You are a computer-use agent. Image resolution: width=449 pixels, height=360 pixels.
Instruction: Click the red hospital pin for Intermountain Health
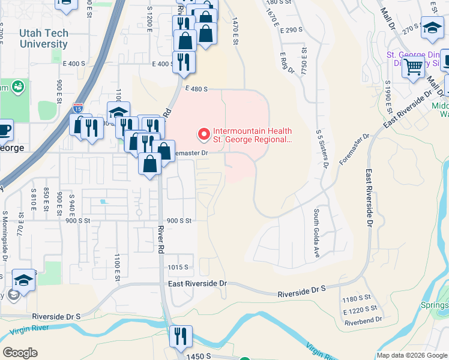tap(203, 134)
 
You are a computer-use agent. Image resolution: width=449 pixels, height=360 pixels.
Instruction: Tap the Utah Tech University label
tap(43, 39)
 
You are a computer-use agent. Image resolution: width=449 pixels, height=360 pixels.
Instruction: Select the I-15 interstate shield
tap(78, 108)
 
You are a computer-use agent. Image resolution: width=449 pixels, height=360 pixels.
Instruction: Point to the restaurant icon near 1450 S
tap(180, 337)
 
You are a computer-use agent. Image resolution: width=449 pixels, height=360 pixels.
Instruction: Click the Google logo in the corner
tap(20, 353)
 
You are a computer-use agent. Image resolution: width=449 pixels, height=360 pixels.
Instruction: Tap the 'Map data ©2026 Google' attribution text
tap(411, 355)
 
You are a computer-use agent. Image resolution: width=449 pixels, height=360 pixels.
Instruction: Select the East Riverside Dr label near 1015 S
tap(198, 283)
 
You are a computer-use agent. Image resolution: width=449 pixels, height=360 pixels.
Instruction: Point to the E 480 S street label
tap(196, 89)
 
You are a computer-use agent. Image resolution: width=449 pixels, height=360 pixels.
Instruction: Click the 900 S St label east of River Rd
tap(178, 221)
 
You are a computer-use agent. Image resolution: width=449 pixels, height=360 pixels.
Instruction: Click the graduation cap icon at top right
tap(432, 28)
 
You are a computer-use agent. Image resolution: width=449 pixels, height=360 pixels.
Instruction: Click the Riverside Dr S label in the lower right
tap(301, 292)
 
